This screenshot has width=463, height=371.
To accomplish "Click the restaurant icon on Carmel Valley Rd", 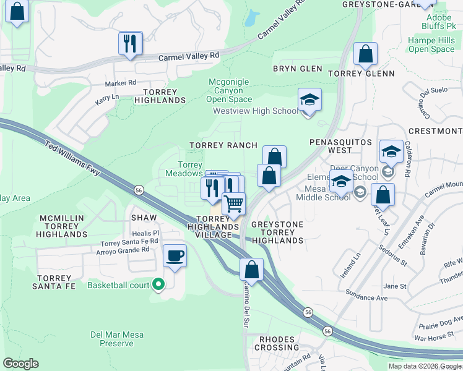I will point(131,43).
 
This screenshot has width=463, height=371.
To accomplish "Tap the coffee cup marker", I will point(175,255).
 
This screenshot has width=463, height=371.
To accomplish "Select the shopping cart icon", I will point(234,203).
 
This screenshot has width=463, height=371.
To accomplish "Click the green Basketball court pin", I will point(158,285).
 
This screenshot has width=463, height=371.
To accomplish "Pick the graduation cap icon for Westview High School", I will point(309,100).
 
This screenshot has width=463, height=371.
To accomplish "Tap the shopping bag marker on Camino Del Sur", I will point(251,270).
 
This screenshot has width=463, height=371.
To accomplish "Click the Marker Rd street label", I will point(120,83).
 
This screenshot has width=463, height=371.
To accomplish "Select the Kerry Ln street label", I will point(106,98).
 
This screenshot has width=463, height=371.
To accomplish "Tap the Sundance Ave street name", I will point(367,297).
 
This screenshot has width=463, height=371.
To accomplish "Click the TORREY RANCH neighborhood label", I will point(223,145).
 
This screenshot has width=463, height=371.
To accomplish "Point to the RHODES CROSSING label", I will point(280,343).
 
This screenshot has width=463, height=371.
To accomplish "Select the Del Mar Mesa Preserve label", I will point(117,339).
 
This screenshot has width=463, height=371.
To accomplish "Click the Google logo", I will point(20,364).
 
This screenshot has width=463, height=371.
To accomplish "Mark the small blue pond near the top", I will point(251,19).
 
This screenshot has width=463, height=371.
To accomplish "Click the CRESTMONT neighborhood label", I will point(435,131).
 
